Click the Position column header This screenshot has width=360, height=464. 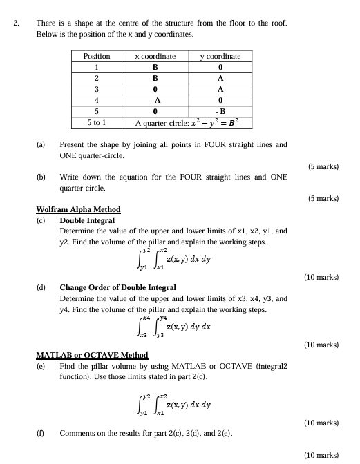[x=97, y=56]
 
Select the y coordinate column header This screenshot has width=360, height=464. [x=220, y=56]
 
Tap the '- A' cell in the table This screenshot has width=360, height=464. [x=155, y=100]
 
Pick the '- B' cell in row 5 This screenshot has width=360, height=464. [x=220, y=111]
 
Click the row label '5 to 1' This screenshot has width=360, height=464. [x=97, y=123]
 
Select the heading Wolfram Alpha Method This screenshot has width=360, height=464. [x=77, y=209]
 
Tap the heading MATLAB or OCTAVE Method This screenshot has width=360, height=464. [x=87, y=355]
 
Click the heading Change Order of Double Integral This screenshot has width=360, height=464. [x=117, y=287]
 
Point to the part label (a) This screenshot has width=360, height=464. [x=41, y=145]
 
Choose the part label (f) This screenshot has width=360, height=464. [x=41, y=433]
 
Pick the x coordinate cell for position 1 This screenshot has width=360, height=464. [x=155, y=67]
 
